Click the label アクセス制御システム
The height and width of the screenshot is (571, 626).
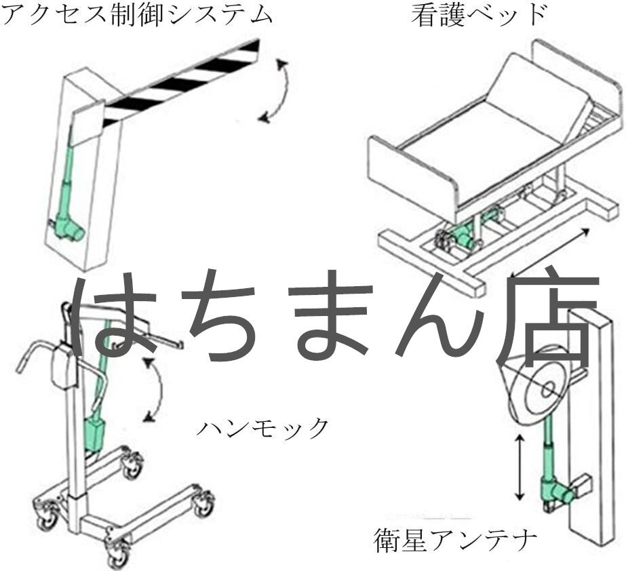tap(136, 15)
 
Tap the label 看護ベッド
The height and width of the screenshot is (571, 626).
tap(479, 15)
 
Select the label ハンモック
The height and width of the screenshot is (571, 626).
tap(262, 428)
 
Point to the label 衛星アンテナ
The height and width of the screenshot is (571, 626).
tap(456, 540)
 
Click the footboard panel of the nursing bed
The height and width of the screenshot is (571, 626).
tap(410, 171)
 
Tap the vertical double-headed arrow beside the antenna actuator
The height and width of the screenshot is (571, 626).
tap(519, 468)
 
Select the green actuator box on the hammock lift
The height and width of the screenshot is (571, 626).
tap(94, 435)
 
